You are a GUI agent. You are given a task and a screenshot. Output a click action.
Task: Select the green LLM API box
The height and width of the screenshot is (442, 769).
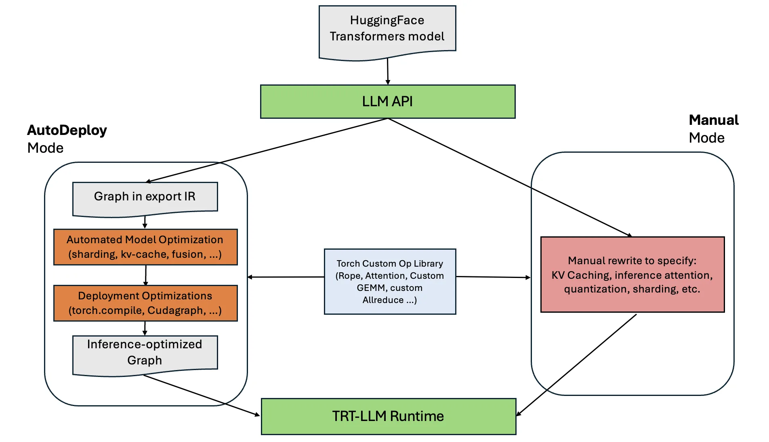tap(387, 101)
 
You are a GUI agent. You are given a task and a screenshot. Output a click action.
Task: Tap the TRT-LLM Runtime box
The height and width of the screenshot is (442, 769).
tap(388, 416)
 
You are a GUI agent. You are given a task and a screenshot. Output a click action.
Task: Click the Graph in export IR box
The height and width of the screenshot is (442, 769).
tap(145, 197)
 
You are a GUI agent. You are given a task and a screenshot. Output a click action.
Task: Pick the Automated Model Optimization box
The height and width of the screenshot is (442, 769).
tap(145, 247)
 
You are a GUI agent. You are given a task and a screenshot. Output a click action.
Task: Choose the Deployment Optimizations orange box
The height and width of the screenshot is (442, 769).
tap(145, 303)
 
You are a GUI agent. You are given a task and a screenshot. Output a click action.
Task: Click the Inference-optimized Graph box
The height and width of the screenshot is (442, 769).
tap(145, 352)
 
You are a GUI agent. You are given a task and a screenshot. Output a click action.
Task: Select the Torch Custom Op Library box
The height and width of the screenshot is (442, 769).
tap(390, 282)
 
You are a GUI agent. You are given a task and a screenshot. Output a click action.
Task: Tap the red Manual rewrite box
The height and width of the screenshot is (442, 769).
tap(632, 275)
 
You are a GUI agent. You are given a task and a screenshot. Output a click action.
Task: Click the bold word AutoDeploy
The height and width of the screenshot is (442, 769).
tap(67, 130)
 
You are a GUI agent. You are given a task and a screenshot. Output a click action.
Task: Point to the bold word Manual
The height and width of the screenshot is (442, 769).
tap(714, 120)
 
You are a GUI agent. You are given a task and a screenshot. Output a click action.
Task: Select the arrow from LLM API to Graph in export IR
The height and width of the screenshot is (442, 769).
tap(267, 150)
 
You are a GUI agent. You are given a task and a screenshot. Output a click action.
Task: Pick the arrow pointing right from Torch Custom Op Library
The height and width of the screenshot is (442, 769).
tap(493, 277)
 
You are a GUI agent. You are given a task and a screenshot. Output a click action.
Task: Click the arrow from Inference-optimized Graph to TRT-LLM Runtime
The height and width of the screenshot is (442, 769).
tap(202, 395)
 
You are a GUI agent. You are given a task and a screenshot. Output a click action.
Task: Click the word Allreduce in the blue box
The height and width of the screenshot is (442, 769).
tap(383, 300)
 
